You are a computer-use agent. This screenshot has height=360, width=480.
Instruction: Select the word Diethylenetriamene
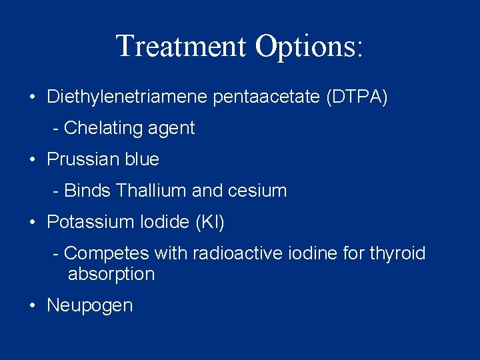tap(127, 97)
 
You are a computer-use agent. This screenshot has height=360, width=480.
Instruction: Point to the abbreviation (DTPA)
tap(357, 97)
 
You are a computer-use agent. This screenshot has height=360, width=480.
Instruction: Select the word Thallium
tap(151, 191)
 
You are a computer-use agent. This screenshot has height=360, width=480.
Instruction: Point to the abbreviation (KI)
tap(210, 222)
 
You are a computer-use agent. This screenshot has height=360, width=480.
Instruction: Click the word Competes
tap(107, 253)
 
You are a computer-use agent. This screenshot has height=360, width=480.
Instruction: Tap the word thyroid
tap(398, 253)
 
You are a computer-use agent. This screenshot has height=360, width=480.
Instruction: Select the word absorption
tap(111, 274)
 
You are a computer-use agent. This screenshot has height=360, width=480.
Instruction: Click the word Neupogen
tap(90, 306)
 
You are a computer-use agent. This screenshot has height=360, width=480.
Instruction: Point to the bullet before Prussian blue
tap(33, 160)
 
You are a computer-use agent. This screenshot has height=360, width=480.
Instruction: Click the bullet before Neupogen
tap(33, 306)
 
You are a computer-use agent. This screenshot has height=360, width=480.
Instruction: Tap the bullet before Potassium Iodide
tap(33, 223)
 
